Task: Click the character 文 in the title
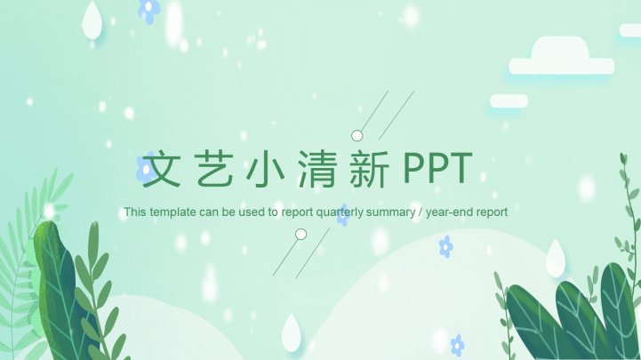coord(163,169)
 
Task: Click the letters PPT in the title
coord(437,168)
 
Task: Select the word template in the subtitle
coord(172,212)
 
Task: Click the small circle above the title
coord(357,136)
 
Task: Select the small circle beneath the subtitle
coord(300,235)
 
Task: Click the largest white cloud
coord(560,60)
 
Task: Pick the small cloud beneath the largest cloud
coord(509,101)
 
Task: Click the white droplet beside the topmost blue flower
coord(92,21)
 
